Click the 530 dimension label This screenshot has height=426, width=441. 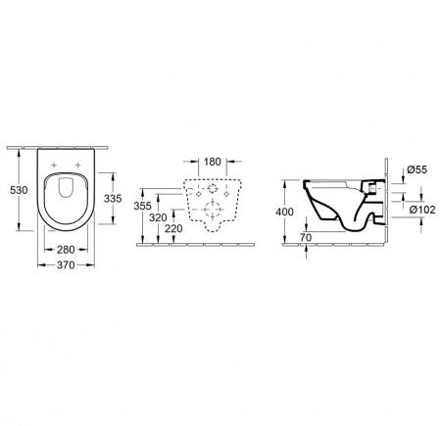19,190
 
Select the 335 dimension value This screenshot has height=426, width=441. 113,198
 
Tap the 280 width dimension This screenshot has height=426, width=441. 66,250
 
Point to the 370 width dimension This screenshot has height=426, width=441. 66,265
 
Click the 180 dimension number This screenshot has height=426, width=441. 213,162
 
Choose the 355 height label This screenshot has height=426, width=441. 143,206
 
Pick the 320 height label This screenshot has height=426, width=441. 158,217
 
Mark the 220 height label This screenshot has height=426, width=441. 173,229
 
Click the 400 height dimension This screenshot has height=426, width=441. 285,212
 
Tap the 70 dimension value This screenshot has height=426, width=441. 306,238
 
